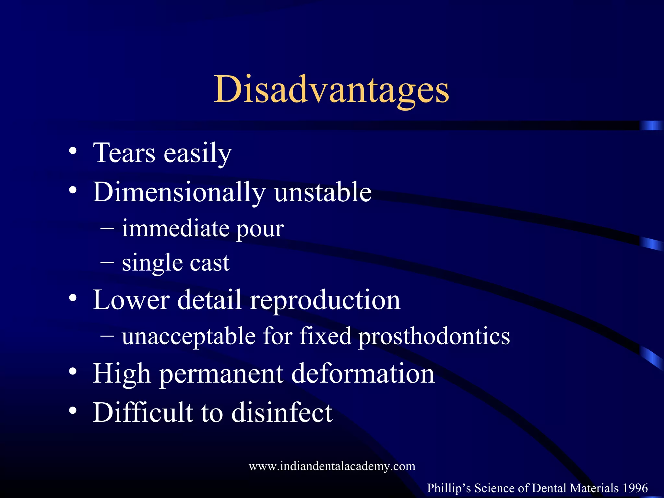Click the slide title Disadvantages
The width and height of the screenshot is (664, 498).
(331, 89)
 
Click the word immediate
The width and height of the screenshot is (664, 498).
(175, 228)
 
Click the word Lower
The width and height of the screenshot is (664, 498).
(131, 300)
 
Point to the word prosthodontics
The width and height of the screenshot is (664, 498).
(434, 337)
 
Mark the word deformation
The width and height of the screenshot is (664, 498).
(363, 373)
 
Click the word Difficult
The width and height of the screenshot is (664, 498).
(143, 412)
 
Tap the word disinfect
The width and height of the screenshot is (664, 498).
(282, 412)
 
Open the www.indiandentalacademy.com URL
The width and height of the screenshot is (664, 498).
(332, 466)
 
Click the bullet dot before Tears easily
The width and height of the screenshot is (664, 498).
(73, 151)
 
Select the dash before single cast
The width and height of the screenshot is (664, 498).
(107, 262)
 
